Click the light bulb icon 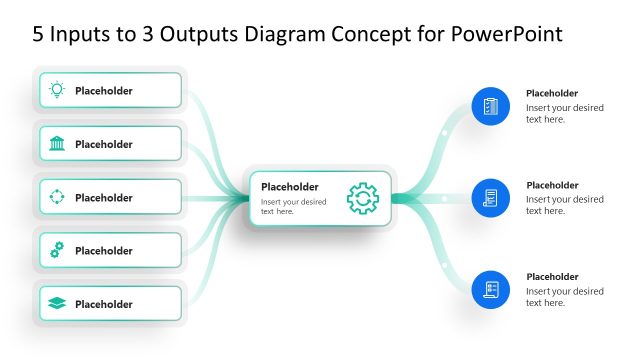pyautogui.click(x=57, y=90)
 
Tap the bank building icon pyautogui.click(x=57, y=144)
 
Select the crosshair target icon pyautogui.click(x=57, y=197)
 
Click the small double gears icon pyautogui.click(x=57, y=250)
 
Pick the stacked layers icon pyautogui.click(x=57, y=304)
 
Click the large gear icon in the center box pyautogui.click(x=362, y=198)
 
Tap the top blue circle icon pyautogui.click(x=490, y=106)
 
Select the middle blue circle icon pyautogui.click(x=490, y=198)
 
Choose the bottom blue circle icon pyautogui.click(x=490, y=290)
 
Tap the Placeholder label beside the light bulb pyautogui.click(x=103, y=91)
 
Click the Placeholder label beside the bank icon pyautogui.click(x=103, y=144)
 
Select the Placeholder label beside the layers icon pyautogui.click(x=103, y=304)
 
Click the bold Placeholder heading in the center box pyautogui.click(x=289, y=186)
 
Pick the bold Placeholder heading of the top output pyautogui.click(x=552, y=93)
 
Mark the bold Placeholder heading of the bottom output pyautogui.click(x=552, y=277)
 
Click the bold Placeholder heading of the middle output pyautogui.click(x=552, y=185)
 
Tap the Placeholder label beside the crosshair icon pyautogui.click(x=103, y=198)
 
